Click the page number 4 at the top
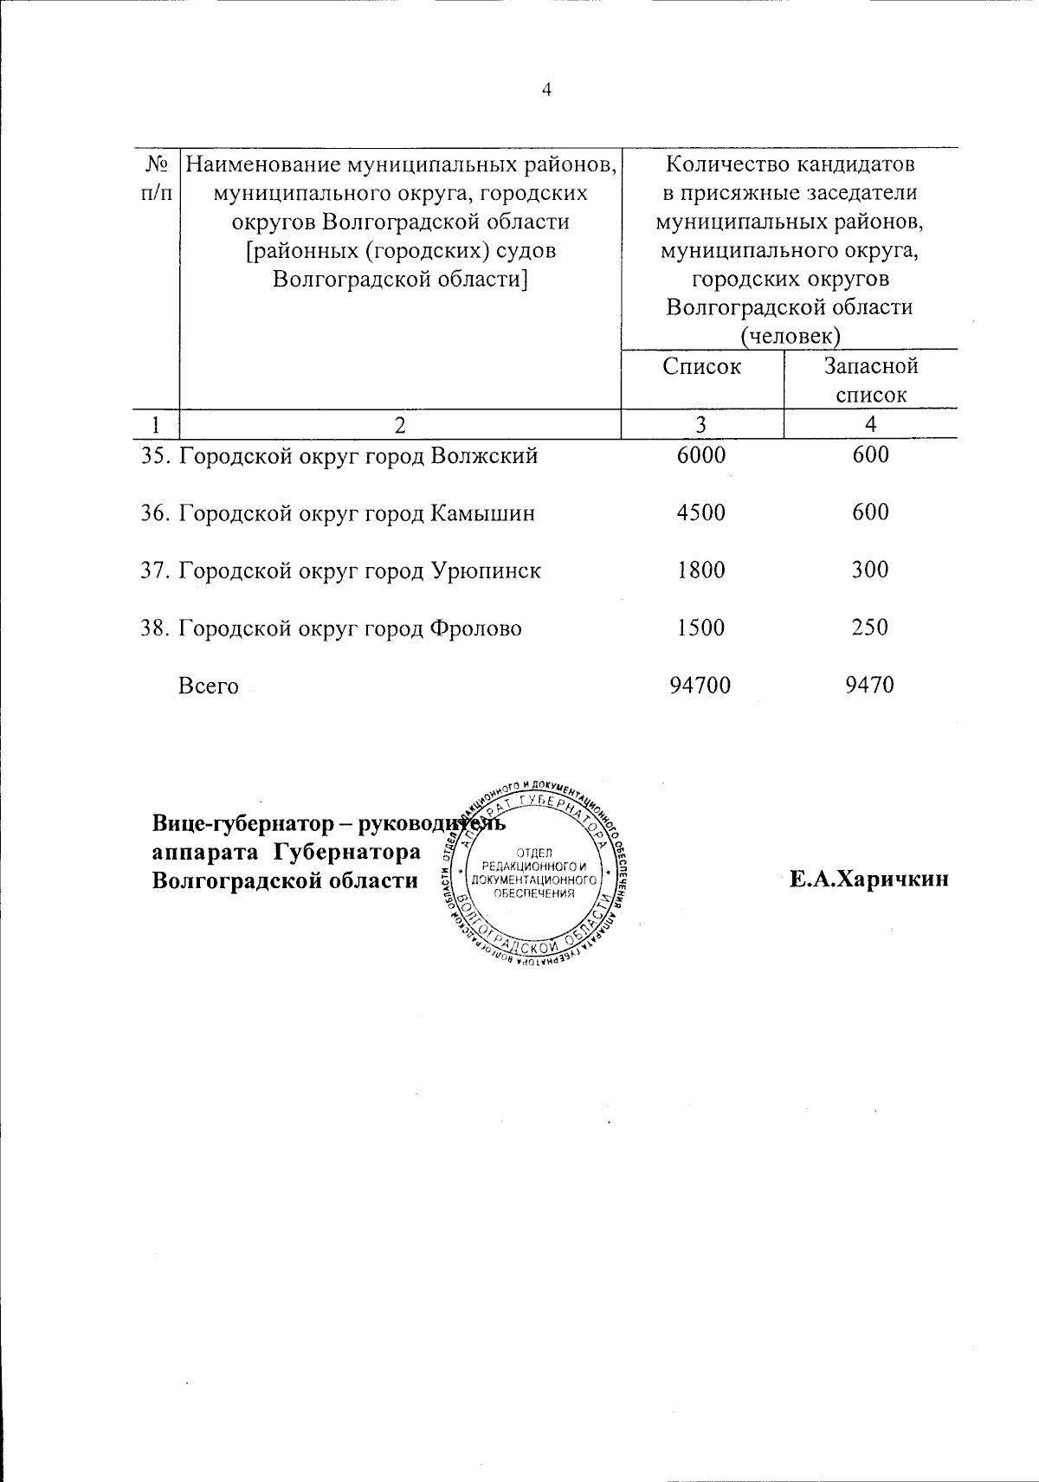[x=546, y=90]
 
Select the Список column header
[x=701, y=366]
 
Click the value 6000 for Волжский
[x=701, y=455]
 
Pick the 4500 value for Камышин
[x=701, y=512]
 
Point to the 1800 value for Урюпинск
[x=701, y=570]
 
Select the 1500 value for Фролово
[x=701, y=628]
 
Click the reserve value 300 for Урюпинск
[x=870, y=570]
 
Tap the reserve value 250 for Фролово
[x=870, y=628]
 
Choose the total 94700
[x=700, y=686]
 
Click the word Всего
[x=208, y=686]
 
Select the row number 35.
[x=157, y=456]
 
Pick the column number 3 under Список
[x=700, y=424]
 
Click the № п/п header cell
[x=155, y=177]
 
